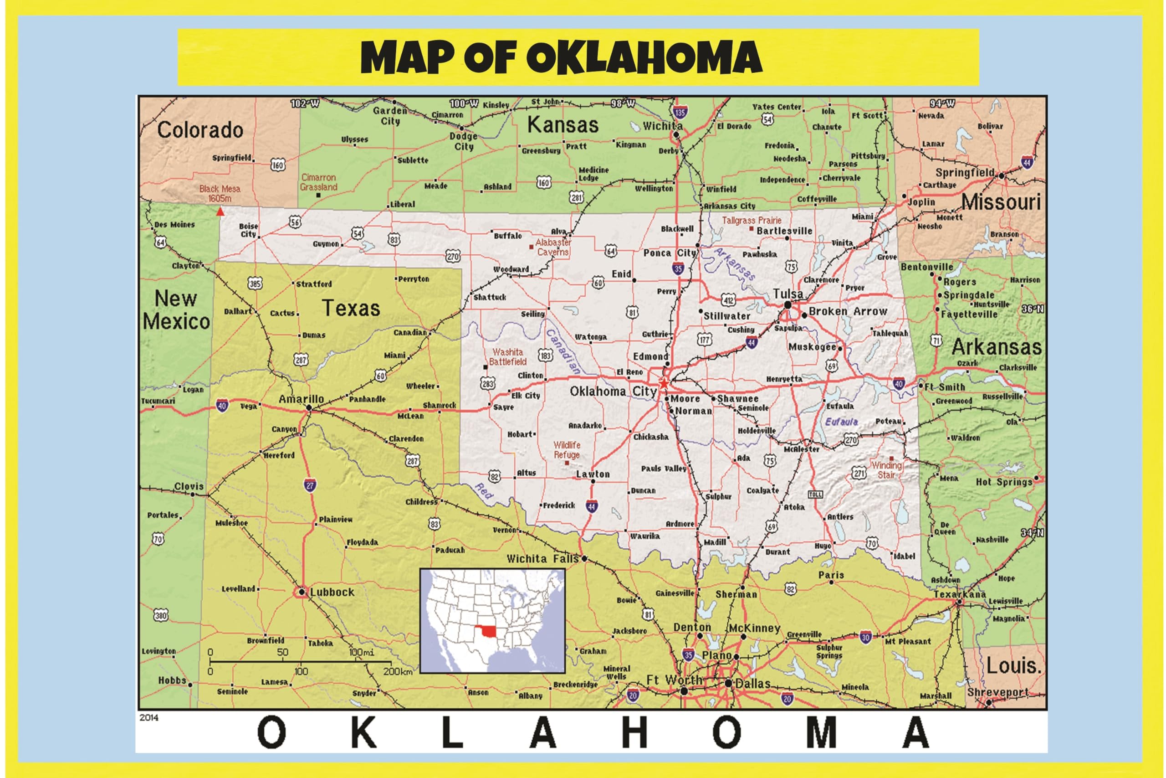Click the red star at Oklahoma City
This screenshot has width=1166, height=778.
click(663, 384)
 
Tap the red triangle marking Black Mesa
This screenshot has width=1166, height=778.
click(220, 212)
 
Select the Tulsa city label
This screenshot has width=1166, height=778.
click(788, 294)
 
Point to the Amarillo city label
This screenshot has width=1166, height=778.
click(301, 399)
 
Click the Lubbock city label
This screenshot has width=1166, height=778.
click(332, 592)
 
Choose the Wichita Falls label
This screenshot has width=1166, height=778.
click(542, 559)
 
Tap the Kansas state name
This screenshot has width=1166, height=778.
click(563, 124)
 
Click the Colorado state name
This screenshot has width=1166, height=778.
click(200, 130)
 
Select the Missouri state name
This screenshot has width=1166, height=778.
click(1001, 202)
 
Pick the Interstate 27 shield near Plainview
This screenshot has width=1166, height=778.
click(310, 485)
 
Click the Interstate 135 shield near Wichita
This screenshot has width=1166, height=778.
click(680, 112)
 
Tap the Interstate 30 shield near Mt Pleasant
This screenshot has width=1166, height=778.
click(865, 638)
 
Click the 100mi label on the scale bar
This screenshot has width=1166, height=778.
click(361, 652)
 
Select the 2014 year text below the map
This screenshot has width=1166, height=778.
click(149, 717)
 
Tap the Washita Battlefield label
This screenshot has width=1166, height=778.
click(508, 357)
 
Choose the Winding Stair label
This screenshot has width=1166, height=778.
click(886, 470)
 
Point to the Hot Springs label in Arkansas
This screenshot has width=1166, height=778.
click(1003, 482)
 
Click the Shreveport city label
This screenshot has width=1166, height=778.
click(997, 692)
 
